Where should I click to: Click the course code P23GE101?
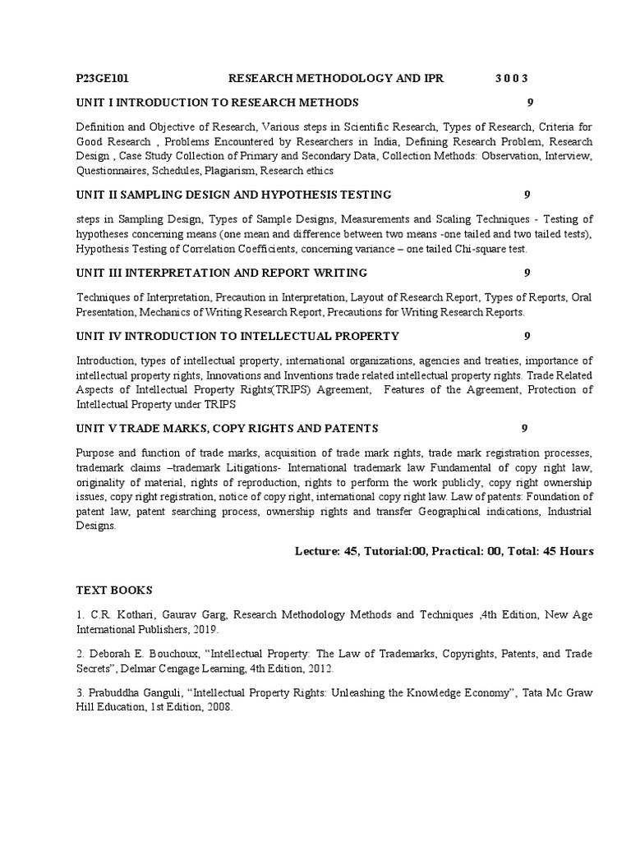pos(102,78)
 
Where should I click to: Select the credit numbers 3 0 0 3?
pos(511,78)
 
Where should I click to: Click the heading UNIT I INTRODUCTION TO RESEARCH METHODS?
pos(217,103)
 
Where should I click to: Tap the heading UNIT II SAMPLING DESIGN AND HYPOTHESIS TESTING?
pos(233,195)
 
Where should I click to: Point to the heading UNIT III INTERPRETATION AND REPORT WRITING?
pos(221,273)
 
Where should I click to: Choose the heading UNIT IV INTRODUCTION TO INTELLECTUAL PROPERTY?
pos(237,336)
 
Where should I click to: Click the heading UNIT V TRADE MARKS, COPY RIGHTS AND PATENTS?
pos(227,428)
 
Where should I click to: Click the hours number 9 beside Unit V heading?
pos(524,428)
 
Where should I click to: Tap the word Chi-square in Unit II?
pos(481,249)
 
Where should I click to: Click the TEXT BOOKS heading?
pos(114,590)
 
